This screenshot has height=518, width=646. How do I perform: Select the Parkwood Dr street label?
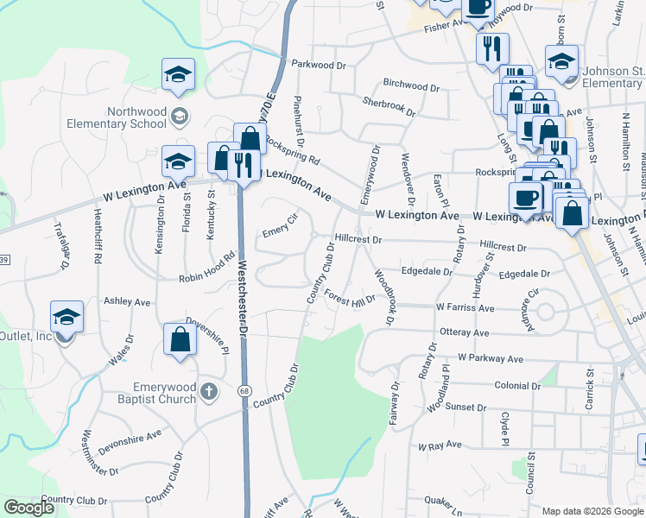[x=318, y=64]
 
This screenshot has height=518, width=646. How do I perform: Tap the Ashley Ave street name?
[x=127, y=301]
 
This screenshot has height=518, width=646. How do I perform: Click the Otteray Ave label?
[x=464, y=332]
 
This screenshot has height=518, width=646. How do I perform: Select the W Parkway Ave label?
[x=491, y=357]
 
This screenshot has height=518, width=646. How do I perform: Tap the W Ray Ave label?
[x=440, y=446]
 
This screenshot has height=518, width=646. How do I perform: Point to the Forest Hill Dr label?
[x=350, y=296]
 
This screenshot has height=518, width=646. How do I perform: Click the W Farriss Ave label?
[x=465, y=306]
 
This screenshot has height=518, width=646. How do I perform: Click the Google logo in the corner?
[x=28, y=508]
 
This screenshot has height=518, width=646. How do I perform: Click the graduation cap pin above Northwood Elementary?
[x=178, y=74]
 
